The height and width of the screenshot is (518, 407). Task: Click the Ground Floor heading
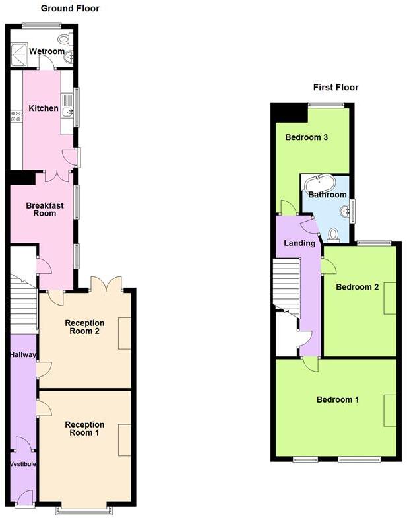click(70, 9)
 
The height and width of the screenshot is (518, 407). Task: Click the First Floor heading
click(335, 87)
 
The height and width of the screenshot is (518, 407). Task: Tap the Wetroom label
click(47, 51)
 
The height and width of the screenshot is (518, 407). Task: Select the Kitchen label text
click(44, 108)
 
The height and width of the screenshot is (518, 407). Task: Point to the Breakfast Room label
click(45, 209)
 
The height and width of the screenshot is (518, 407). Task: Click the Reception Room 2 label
click(84, 327)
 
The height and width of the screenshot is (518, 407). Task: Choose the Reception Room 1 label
click(84, 429)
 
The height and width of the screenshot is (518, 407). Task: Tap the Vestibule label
click(23, 464)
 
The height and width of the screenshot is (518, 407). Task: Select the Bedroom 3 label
click(306, 137)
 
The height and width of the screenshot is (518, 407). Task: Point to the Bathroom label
click(328, 195)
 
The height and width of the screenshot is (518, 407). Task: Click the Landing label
click(299, 243)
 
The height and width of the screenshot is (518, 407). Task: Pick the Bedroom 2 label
click(357, 287)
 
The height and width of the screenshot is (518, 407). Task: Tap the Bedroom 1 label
click(338, 399)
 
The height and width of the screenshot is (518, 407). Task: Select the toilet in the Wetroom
click(65, 39)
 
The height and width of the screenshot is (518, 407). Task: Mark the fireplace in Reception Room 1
click(124, 440)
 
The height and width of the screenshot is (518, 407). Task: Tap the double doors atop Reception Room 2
click(106, 284)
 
